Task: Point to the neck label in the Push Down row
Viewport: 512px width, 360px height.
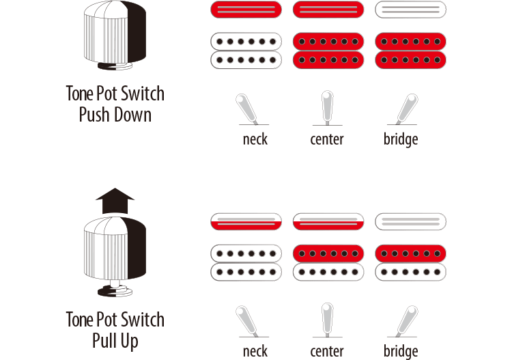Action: (255, 139)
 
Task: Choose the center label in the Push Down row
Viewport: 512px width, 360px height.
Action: (327, 139)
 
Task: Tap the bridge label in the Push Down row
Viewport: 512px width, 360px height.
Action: (400, 139)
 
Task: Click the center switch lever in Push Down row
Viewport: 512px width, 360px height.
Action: (327, 107)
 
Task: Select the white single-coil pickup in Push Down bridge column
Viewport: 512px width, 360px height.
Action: (410, 10)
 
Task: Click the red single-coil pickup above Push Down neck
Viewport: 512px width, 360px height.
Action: (246, 10)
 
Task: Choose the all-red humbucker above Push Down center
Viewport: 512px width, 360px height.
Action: (328, 51)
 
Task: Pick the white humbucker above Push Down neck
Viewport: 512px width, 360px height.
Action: (246, 51)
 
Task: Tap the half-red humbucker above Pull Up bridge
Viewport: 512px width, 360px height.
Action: (410, 262)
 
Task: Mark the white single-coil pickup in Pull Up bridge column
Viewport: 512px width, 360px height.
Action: (410, 221)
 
